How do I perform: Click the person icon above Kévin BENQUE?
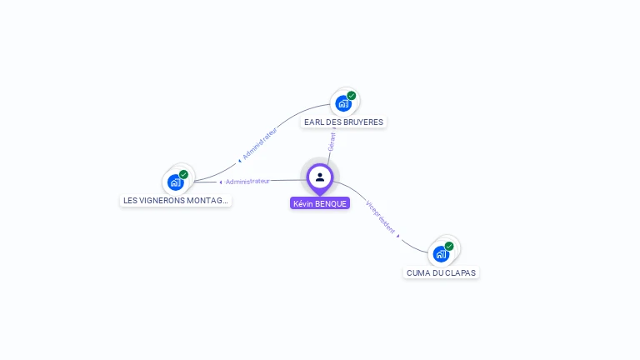(x=320, y=177)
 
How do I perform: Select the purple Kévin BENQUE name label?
(x=320, y=203)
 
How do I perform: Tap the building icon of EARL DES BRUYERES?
(x=342, y=103)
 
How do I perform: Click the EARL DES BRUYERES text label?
(x=343, y=122)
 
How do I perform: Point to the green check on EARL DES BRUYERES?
(x=352, y=96)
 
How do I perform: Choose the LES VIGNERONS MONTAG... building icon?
(x=175, y=182)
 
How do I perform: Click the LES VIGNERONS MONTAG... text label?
(x=175, y=200)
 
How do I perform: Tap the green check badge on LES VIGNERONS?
(x=183, y=174)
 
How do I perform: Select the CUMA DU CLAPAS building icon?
(x=441, y=253)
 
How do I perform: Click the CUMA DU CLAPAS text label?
(x=442, y=272)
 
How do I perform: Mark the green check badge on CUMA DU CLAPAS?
(x=449, y=246)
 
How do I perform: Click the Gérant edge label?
(x=332, y=141)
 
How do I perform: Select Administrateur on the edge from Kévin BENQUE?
(x=247, y=181)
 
